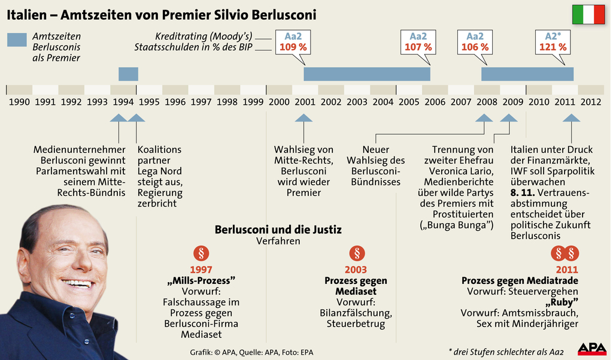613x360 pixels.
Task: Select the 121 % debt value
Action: click(553, 47)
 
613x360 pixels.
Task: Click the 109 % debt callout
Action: click(292, 47)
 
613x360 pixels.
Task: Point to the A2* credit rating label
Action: click(553, 36)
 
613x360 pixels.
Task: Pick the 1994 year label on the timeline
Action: click(123, 102)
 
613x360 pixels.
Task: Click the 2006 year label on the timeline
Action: click(435, 102)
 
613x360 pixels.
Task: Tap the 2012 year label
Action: click(591, 102)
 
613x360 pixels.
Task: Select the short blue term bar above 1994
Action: click(128, 74)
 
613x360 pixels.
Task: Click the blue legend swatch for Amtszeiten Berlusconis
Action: click(17, 40)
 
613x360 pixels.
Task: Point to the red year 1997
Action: click(201, 270)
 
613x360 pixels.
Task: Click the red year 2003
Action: click(356, 270)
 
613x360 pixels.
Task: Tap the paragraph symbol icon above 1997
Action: click(201, 253)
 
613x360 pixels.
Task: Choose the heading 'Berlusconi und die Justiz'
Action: click(278, 229)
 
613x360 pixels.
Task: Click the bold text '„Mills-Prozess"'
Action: click(201, 280)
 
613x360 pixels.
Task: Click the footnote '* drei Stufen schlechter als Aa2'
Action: click(506, 351)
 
